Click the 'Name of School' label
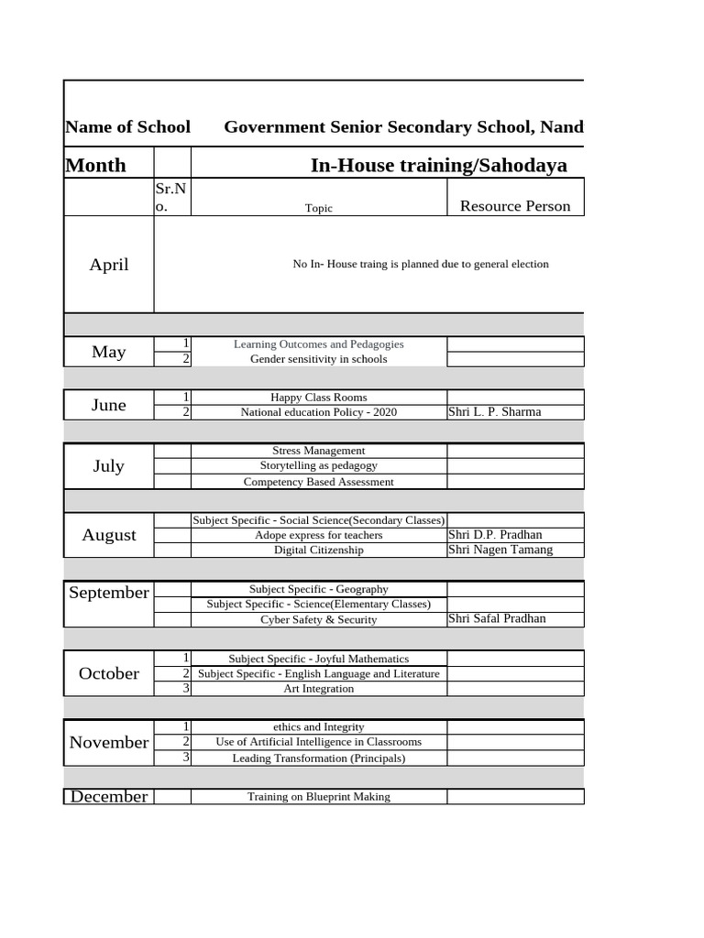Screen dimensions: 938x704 [127, 127]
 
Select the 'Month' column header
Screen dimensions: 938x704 [96, 165]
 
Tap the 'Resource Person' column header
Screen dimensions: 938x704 [514, 206]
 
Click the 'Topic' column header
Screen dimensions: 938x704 [318, 208]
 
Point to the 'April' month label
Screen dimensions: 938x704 [109, 265]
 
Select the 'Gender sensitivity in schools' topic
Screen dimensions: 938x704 [318, 359]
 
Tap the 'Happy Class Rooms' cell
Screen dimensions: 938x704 [318, 398]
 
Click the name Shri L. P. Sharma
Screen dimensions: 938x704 [494, 412]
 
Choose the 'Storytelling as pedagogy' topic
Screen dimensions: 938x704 [318, 466]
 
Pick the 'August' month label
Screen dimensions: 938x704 [109, 535]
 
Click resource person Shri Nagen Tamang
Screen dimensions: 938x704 [500, 550]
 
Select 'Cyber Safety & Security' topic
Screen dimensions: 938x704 [318, 619]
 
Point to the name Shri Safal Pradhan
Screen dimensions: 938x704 [497, 618]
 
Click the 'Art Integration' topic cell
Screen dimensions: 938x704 [318, 689]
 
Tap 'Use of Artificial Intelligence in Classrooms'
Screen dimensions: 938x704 [318, 742]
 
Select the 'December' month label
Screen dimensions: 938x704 [109, 797]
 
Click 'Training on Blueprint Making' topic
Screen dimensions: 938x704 [318, 797]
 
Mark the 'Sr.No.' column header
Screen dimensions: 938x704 [171, 197]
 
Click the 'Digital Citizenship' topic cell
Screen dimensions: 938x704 [318, 551]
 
